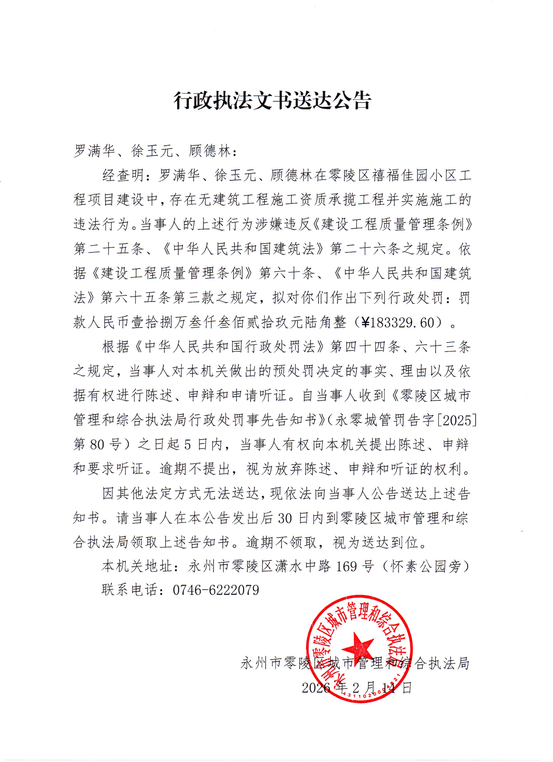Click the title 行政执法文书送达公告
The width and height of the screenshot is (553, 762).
coord(272,100)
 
